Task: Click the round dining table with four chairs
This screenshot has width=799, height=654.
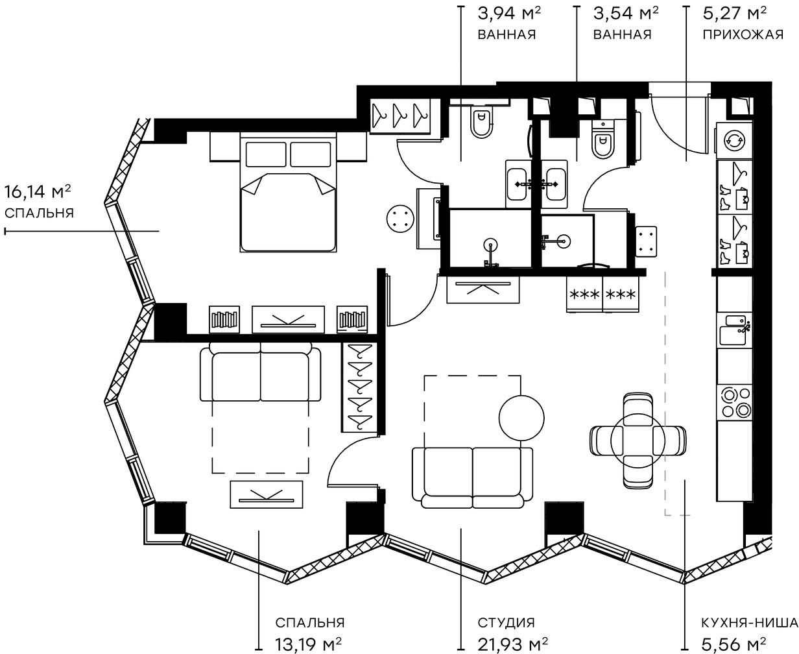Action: pyautogui.click(x=638, y=440)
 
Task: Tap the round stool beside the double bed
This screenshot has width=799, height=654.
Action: pyautogui.click(x=399, y=218)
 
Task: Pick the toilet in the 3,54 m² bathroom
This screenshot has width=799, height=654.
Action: pyautogui.click(x=602, y=141)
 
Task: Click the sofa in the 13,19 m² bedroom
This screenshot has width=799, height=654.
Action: pyautogui.click(x=261, y=376)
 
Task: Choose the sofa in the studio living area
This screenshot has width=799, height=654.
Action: pyautogui.click(x=472, y=477)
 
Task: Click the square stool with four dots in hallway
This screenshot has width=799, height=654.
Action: pyautogui.click(x=646, y=241)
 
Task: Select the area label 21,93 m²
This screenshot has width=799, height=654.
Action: pyautogui.click(x=512, y=644)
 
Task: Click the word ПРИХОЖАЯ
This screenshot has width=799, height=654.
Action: pyautogui.click(x=743, y=34)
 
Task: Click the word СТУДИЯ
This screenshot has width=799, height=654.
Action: pyautogui.click(x=506, y=623)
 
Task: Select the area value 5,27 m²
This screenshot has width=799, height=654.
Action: pyautogui.click(x=734, y=13)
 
